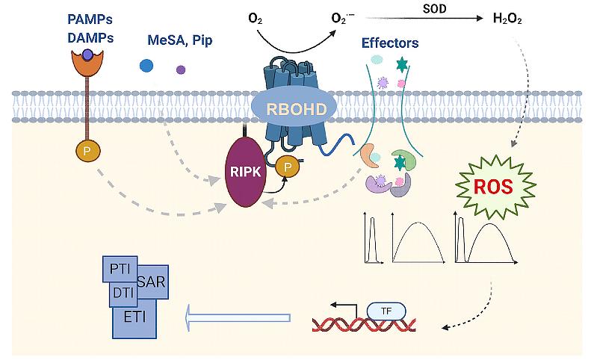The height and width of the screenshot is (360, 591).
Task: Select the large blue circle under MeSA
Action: [x=147, y=66]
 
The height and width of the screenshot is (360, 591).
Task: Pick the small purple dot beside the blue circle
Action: [x=181, y=70]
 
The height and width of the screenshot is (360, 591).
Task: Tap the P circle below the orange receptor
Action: [x=87, y=152]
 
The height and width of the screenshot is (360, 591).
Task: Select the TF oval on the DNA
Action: [x=386, y=310]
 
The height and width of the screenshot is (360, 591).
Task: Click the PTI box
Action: [x=118, y=267]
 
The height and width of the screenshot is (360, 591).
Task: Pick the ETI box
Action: [x=134, y=317]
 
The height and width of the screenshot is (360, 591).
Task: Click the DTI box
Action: [x=122, y=292]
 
